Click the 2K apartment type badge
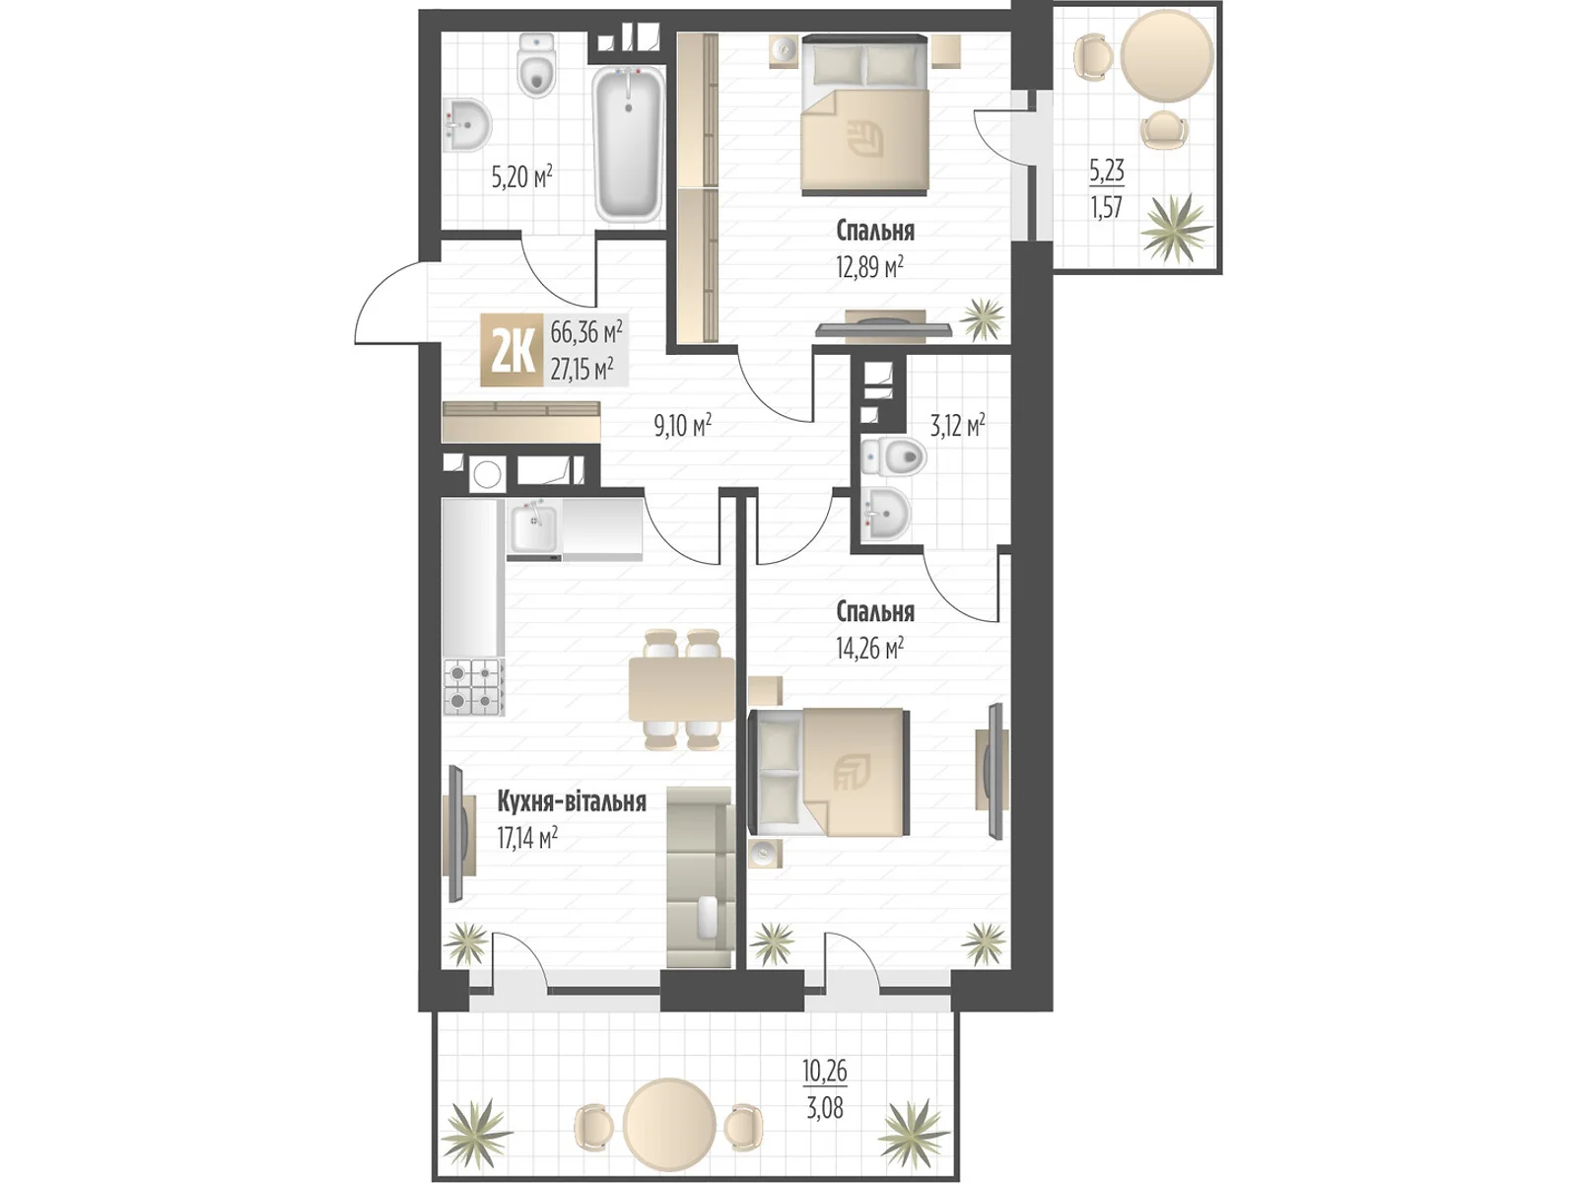tap(512, 351)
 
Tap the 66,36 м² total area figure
tap(585, 332)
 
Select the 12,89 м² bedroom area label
tap(869, 268)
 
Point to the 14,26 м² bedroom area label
tap(869, 649)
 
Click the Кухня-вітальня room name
tap(571, 800)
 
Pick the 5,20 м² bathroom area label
tap(521, 176)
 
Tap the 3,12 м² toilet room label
tap(957, 425)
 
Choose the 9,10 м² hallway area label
tap(682, 425)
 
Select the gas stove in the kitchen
tap(473, 687)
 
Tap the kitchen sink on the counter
tap(534, 528)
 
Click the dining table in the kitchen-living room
tap(682, 689)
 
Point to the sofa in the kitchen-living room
tap(701, 877)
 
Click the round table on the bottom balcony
tap(669, 1121)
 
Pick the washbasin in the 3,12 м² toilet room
tap(885, 515)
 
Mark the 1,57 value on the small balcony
tap(1107, 208)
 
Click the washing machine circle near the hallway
tap(488, 475)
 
